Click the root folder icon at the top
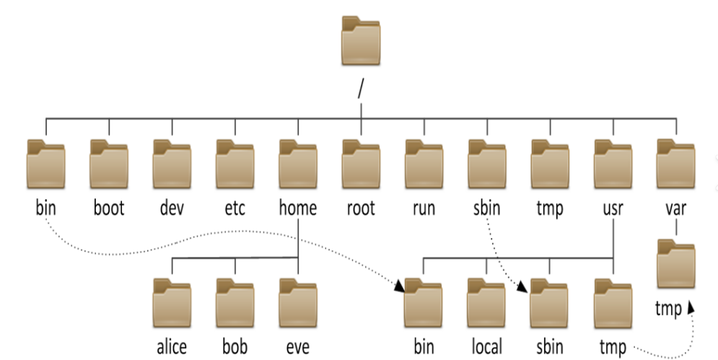[361, 41]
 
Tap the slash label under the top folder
[360, 90]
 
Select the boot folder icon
[108, 164]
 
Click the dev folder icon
[172, 164]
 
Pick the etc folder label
[235, 208]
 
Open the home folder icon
[297, 164]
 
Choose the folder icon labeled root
[361, 164]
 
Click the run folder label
[424, 208]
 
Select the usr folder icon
[613, 164]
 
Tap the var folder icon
[676, 164]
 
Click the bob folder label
[235, 347]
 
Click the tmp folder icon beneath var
[676, 267]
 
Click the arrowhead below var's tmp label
[691, 308]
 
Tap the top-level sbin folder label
[486, 208]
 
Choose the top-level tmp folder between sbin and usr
[550, 164]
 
